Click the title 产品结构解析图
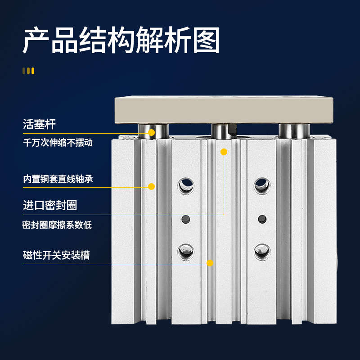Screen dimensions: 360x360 click(x=121, y=40)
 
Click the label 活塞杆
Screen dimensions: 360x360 click(x=39, y=124)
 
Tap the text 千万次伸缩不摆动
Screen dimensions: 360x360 click(x=58, y=143)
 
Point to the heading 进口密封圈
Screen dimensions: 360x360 click(x=50, y=205)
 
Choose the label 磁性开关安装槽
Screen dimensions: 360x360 click(x=56, y=255)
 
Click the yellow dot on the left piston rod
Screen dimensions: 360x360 click(x=152, y=133)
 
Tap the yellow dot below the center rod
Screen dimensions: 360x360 click(x=224, y=152)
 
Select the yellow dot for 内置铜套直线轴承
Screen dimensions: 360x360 click(x=152, y=186)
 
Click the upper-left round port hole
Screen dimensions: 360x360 click(x=185, y=185)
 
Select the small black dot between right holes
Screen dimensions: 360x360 click(x=261, y=219)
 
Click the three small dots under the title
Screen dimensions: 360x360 click(x=28, y=71)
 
